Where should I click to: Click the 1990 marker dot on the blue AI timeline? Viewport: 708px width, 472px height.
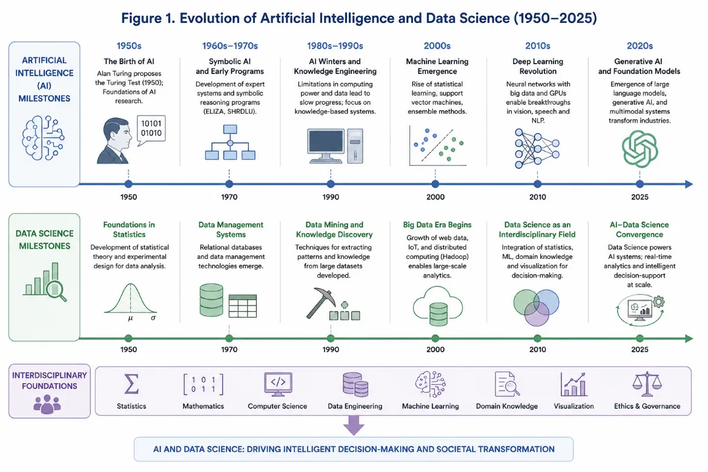(331, 184)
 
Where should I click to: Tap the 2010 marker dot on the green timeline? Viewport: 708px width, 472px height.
(537, 338)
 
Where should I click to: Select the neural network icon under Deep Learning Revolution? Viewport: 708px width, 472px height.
(537, 148)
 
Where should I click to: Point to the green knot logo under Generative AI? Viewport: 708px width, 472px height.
(640, 149)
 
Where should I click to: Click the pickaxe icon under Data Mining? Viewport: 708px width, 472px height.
(321, 303)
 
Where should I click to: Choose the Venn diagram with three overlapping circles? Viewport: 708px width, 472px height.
(537, 307)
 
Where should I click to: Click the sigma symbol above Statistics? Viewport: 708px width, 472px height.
(131, 384)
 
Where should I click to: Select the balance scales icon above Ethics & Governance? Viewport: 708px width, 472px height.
(647, 384)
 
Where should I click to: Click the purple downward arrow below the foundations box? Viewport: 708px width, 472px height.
(354, 425)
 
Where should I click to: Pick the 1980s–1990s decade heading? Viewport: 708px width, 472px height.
(335, 45)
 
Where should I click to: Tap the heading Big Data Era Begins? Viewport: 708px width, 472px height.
(437, 225)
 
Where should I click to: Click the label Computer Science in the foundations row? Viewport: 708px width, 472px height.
(277, 406)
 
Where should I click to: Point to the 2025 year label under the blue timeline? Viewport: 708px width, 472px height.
(640, 197)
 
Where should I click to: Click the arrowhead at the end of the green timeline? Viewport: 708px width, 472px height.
(689, 338)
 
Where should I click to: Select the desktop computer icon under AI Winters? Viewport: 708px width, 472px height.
(335, 146)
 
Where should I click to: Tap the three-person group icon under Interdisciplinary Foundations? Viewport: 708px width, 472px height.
(47, 404)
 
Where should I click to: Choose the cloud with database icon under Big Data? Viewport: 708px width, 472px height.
(437, 306)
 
